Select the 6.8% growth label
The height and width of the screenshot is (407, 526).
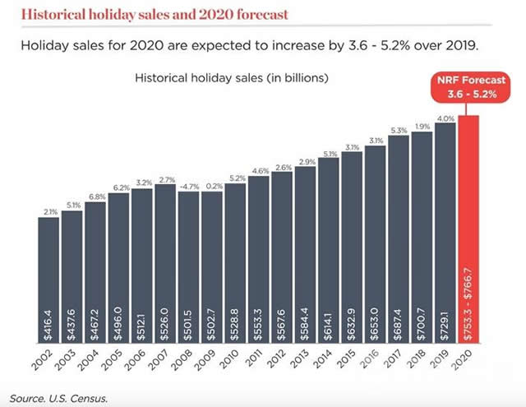(95, 197)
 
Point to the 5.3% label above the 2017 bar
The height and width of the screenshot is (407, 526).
(398, 130)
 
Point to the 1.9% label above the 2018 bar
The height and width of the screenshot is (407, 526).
(422, 127)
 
